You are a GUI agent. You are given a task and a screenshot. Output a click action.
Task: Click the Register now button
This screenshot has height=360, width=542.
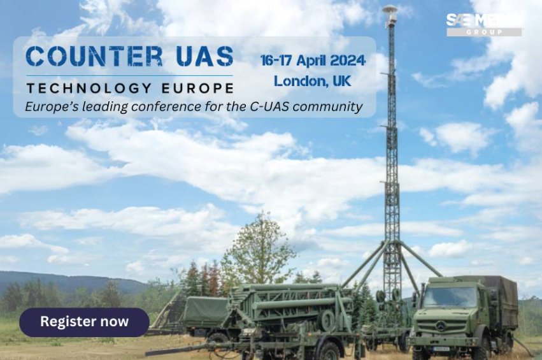pyautogui.click(x=84, y=322)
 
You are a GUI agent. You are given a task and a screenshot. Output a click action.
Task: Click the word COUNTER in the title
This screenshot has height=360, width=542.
pyautogui.click(x=94, y=56)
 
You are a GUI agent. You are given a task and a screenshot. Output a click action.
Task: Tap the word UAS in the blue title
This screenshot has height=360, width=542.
pyautogui.click(x=204, y=56)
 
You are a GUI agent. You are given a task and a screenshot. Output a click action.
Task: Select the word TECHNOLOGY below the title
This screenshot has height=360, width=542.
pyautogui.click(x=89, y=88)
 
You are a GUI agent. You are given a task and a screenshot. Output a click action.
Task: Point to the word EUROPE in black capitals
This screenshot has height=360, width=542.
pyautogui.click(x=198, y=88)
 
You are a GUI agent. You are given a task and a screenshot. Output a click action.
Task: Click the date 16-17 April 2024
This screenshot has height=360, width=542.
pyautogui.click(x=313, y=61)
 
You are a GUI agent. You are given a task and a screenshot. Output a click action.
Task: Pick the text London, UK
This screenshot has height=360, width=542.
pyautogui.click(x=313, y=82)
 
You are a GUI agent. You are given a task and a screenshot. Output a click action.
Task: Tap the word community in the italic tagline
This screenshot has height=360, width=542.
pyautogui.click(x=328, y=106)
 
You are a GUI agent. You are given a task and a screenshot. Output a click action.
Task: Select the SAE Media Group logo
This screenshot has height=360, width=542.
pyautogui.click(x=484, y=25)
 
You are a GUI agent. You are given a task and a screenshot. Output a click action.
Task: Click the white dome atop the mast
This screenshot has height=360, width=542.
pyautogui.click(x=390, y=9)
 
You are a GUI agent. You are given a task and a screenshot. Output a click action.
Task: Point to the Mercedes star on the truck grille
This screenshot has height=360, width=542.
pyautogui.click(x=440, y=326)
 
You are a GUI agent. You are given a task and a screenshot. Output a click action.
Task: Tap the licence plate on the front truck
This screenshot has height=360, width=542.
pyautogui.click(x=442, y=349)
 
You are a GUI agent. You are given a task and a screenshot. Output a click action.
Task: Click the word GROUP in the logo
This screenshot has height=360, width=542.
pyautogui.click(x=484, y=32)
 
